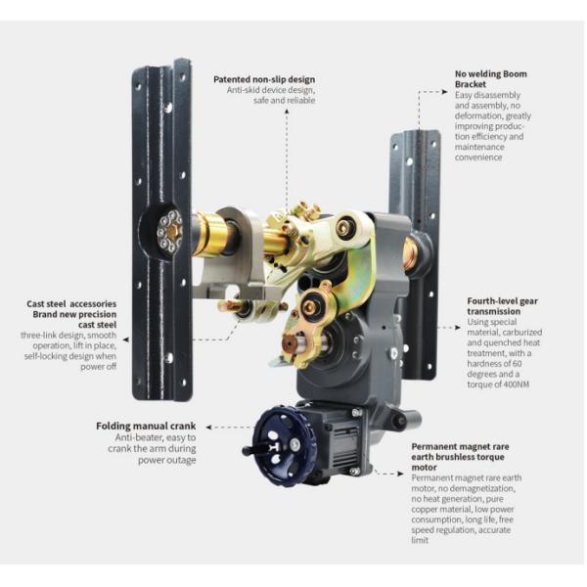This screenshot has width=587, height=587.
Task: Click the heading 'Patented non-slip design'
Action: click(264, 80)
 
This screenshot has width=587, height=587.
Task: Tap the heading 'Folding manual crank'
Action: click(146, 426)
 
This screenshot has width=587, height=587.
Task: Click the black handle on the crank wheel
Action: click(258, 448)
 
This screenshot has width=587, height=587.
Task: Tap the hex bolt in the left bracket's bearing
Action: click(172, 232)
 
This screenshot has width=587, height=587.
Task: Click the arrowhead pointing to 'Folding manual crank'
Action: click(208, 427)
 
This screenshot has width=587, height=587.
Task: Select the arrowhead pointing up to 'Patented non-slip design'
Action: click(287, 111)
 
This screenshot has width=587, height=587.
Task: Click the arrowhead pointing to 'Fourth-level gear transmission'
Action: click(458, 327)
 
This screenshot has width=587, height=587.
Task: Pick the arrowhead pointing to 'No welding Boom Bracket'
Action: click(445, 91)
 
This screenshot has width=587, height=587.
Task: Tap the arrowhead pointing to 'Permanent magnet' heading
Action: click(400, 474)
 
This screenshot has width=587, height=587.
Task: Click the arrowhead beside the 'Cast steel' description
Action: click(126, 339)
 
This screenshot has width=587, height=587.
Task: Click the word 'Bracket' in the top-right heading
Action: click(471, 84)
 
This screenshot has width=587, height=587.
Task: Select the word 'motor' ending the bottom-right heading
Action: click(424, 468)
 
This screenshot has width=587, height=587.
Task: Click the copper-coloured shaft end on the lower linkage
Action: click(290, 341)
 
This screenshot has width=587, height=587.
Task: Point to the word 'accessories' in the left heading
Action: click(93, 304)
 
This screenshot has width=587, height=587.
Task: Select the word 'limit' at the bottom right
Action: click(420, 540)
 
